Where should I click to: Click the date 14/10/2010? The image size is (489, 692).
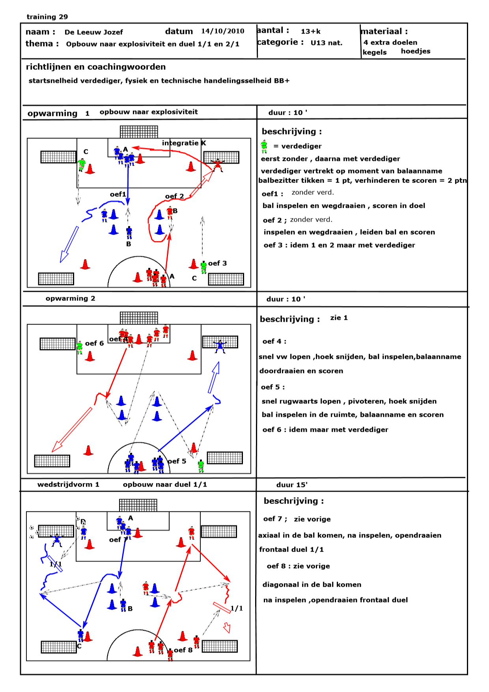coord(222,31)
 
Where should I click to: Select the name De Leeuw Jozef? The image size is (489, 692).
coord(93,32)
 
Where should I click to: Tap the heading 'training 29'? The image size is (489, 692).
coord(47,17)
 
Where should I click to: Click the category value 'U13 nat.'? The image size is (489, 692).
coord(327,43)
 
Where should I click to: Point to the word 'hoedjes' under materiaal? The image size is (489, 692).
coord(416,51)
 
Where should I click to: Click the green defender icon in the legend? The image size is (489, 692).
coord(264,146)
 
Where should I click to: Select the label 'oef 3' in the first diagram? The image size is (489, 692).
coord(217,263)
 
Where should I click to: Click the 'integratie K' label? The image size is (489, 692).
coord(184,143)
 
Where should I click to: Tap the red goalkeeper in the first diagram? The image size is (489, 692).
coord(217,165)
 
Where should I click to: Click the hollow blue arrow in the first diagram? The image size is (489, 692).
coord(69,244)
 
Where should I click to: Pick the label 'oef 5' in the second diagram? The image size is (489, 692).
coord(177,461)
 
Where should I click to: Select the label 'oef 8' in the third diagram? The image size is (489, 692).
coord(183,650)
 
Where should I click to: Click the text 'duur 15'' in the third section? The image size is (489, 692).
coord(292,485)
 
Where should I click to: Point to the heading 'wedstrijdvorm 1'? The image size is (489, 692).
coord(68,484)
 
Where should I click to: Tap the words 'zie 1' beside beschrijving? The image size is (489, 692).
coord(339,318)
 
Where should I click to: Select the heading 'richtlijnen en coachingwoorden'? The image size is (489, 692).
coord(96,67)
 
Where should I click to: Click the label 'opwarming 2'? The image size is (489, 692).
coord(70,298)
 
